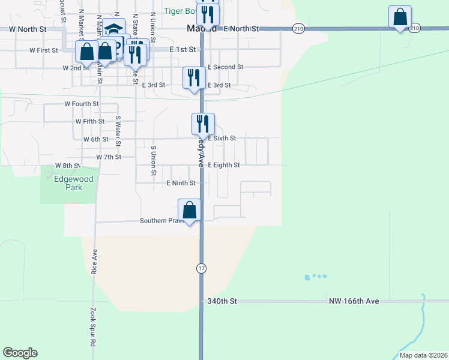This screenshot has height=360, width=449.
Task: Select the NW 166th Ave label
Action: (354, 301)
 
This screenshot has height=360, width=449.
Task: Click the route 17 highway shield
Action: (200, 269)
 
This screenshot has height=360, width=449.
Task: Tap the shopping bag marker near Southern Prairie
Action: (190, 211)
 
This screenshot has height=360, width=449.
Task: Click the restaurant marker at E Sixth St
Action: (203, 124)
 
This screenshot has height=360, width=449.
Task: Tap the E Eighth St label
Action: (223, 165)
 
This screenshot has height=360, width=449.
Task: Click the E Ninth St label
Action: (181, 183)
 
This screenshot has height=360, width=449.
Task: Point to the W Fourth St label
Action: (82, 104)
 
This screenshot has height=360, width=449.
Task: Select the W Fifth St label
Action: (90, 121)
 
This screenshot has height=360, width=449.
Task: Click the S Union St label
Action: (154, 155)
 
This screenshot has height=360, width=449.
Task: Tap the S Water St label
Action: (118, 128)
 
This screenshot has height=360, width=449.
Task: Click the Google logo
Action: (20, 353)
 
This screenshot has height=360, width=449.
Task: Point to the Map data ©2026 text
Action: (423, 355)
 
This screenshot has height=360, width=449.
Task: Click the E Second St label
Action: (225, 67)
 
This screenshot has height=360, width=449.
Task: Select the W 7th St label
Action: (109, 157)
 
